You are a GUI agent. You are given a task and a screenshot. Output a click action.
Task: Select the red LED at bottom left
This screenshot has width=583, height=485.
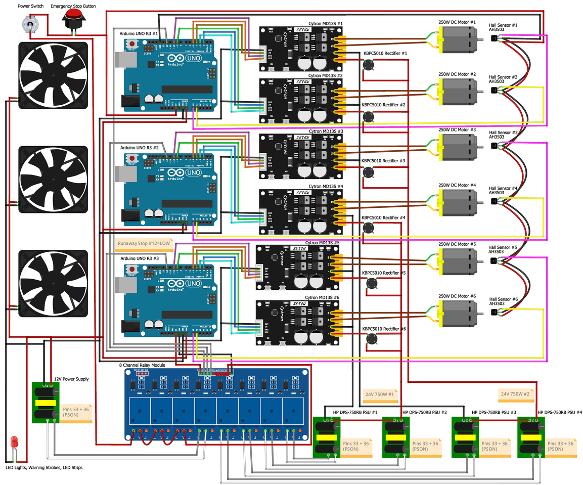tap(15, 440)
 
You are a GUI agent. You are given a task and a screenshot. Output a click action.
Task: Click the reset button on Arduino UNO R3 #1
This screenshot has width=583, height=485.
tap(132, 44)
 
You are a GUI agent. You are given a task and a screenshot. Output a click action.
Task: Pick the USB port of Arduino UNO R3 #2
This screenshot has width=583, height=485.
tap(123, 174)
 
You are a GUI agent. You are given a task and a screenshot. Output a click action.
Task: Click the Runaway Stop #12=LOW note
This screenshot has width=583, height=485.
tap(144, 243)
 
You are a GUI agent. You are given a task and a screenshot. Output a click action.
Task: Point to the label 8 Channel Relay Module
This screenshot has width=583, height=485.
tap(142, 365)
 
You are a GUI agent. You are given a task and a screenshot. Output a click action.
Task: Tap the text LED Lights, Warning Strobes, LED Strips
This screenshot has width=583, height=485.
tap(44, 468)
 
